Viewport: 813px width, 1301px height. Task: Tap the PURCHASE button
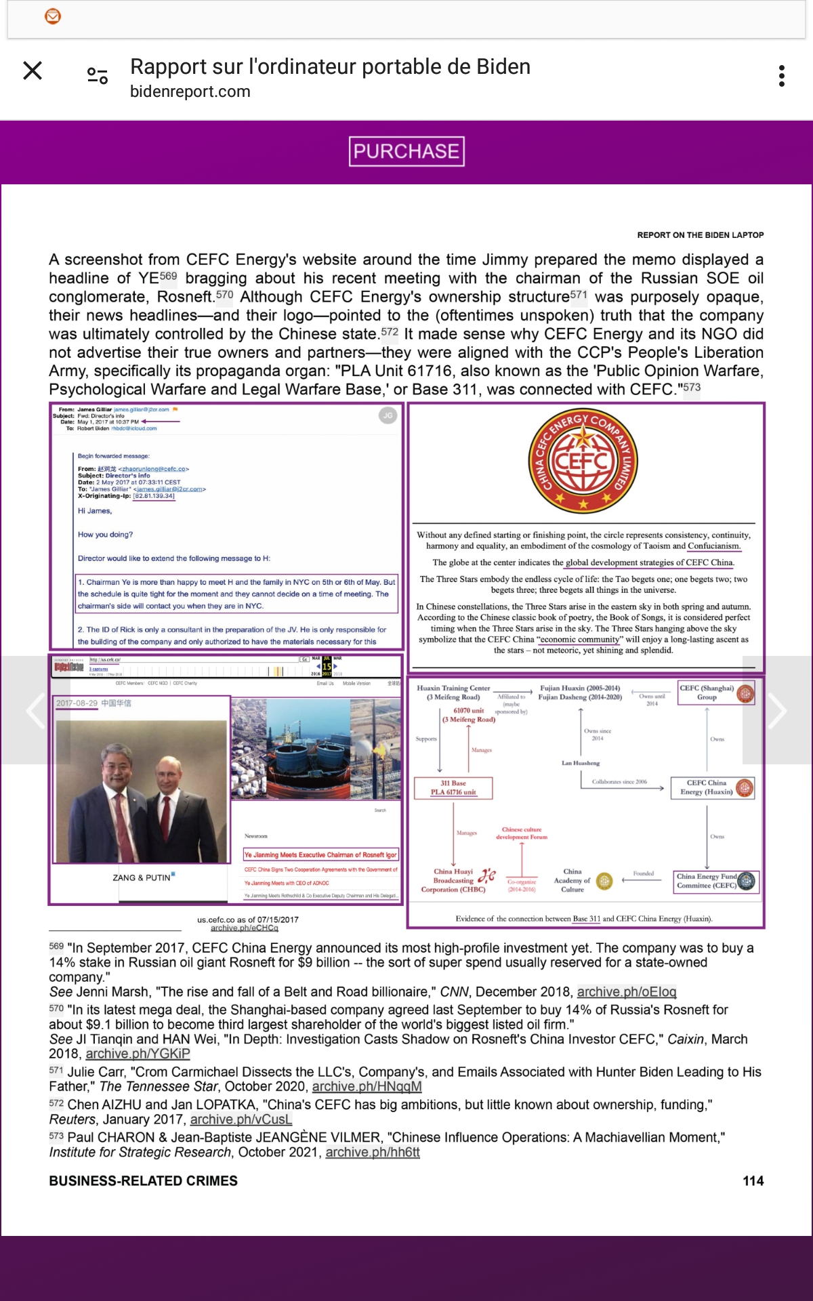[x=406, y=151]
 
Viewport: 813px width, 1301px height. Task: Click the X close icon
[x=33, y=70]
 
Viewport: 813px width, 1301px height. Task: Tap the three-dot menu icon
[x=782, y=76]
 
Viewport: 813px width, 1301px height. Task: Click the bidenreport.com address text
[x=190, y=91]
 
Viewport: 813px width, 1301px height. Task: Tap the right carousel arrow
[x=776, y=710]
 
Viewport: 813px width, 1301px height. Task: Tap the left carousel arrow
[x=35, y=710]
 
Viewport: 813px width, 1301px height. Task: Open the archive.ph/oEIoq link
[x=626, y=992]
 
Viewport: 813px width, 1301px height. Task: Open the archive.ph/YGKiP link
[x=138, y=1054]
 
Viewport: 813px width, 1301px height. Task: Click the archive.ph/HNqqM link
[x=367, y=1087]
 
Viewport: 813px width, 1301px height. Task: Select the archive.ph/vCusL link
[x=241, y=1119]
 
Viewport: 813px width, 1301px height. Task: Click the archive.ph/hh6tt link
[x=373, y=1153]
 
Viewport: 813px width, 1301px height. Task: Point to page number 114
[x=753, y=1181]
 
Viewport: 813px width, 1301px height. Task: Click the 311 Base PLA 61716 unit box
[x=453, y=788]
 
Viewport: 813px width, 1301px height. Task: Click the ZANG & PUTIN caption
[x=142, y=877]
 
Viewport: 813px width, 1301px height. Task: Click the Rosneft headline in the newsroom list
[x=320, y=855]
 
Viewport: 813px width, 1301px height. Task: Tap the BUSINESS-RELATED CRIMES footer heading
[x=143, y=1181]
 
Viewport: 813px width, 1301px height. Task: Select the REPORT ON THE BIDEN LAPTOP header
[x=700, y=235]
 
